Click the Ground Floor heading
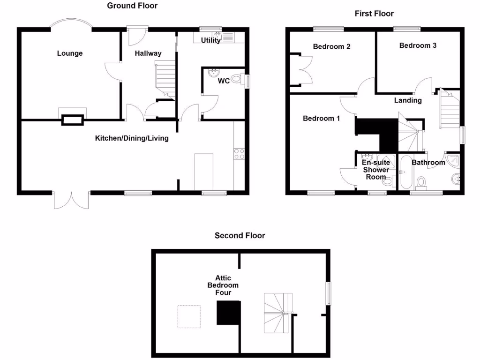132,6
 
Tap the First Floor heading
374,14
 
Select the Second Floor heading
240,235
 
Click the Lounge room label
70,53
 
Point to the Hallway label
148,53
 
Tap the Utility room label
210,40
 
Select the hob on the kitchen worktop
238,154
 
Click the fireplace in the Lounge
72,120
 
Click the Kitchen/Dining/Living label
132,138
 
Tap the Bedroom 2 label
332,47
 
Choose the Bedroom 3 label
418,45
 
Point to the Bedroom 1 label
321,118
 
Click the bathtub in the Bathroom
404,172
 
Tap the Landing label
407,100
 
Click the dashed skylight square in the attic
189,317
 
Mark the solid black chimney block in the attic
228,313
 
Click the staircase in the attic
278,313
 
